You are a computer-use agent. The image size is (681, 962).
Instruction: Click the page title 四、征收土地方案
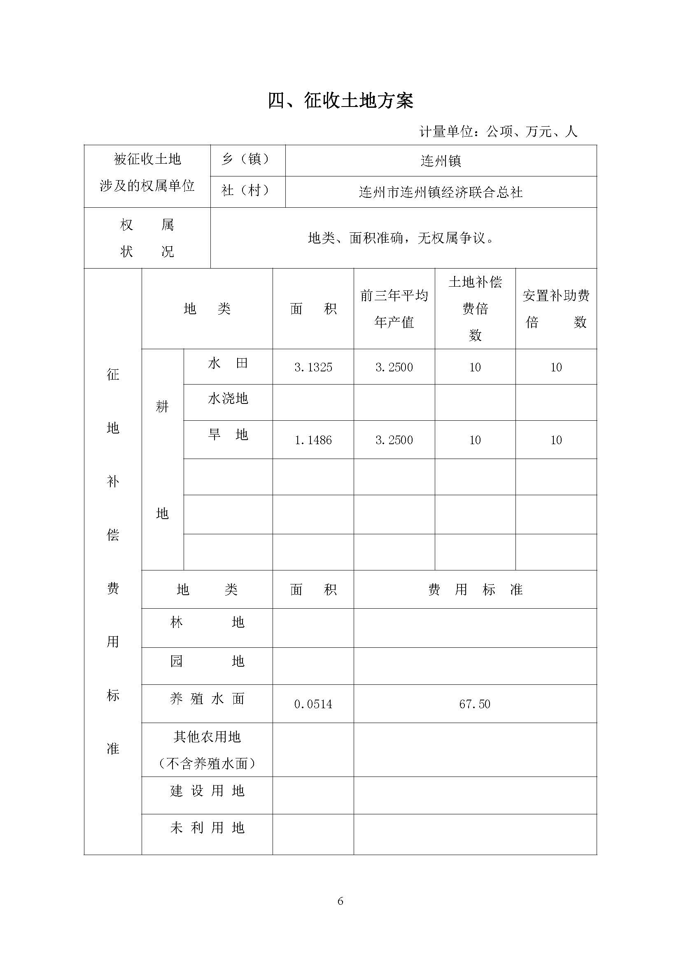pos(340,102)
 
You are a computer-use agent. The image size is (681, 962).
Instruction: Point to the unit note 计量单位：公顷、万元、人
pos(498,132)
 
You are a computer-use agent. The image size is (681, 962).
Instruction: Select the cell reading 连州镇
pos(441,161)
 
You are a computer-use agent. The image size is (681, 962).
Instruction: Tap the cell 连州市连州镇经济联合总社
pos(441,192)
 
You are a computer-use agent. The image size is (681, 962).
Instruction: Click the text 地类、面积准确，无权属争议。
pos(401,239)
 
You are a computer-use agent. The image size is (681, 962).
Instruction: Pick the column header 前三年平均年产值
pos(394,309)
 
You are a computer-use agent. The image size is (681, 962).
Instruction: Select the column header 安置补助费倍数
pos(555,309)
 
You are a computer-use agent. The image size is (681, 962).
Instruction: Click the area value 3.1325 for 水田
pos(313,367)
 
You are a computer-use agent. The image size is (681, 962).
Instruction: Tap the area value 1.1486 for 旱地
pos(313,440)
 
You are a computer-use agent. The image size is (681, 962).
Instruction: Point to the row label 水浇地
pos(228,399)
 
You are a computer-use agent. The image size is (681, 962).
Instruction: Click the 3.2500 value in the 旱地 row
pos(394,440)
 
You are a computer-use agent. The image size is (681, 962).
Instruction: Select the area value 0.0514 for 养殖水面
pos(313,704)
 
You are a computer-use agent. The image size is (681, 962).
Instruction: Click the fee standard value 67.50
pos(475,704)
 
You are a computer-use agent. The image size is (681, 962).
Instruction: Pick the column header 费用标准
pos(475,590)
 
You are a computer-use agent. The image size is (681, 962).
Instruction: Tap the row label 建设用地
pos(207,790)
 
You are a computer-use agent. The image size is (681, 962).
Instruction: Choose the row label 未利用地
pos(207,828)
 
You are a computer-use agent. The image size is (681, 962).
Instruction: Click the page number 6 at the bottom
pos(340,901)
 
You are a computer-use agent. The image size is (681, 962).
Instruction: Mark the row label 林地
pos(207,623)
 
